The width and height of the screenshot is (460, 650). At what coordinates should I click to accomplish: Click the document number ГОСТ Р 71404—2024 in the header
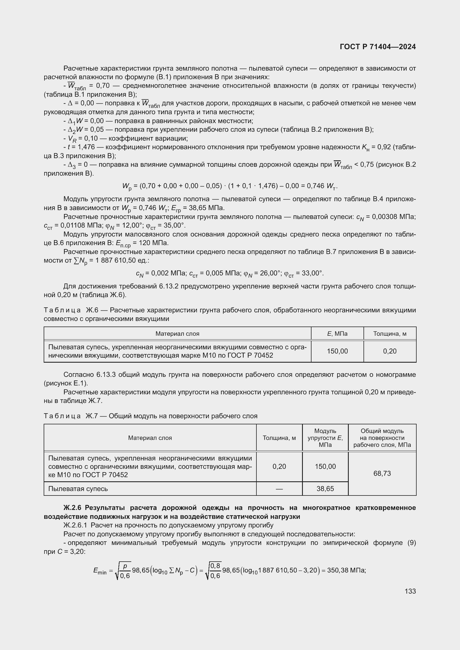pos(378,47)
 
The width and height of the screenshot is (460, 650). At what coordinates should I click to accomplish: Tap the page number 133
pos(410,591)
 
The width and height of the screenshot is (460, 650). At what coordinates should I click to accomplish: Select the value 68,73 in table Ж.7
pos(382,473)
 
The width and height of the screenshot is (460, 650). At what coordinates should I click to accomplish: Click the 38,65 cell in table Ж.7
pos(325,489)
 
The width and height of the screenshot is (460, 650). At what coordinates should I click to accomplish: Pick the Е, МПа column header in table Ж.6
pos(337,333)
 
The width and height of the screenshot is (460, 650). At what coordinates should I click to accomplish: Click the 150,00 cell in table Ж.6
pos(337,351)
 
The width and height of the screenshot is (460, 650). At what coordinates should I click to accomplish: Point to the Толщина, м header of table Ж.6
pos(389,333)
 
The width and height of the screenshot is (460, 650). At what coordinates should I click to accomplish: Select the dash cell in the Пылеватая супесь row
pos(279,489)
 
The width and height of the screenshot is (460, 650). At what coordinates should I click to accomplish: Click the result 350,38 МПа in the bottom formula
pos(346,570)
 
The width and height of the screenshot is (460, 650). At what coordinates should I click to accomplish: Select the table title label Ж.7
pos(92,416)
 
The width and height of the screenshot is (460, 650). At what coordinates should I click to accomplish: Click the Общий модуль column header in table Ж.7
pos(382,438)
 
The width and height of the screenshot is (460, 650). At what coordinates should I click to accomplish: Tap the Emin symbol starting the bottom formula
pos(100,571)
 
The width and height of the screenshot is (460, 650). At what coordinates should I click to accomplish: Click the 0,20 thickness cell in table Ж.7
pos(279,466)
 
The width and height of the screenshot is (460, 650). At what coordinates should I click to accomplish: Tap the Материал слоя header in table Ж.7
pos(150,438)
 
